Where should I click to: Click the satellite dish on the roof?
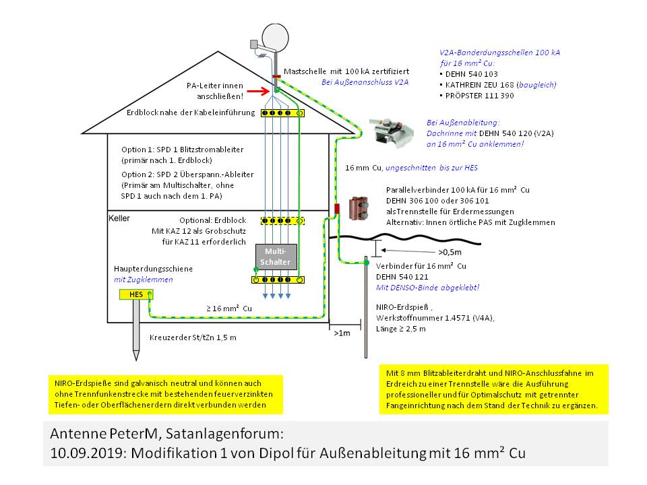pos(275,36)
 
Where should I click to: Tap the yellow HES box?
pos(135,294)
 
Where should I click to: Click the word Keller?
pos(120,218)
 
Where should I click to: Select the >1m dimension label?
pos(342,332)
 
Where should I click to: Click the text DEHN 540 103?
pos(469,74)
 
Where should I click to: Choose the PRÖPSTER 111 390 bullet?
pos(476,96)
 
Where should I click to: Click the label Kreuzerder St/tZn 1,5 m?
pos(193,337)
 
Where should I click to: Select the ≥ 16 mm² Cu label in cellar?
pos(229,309)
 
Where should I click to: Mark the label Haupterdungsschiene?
pos(153,269)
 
